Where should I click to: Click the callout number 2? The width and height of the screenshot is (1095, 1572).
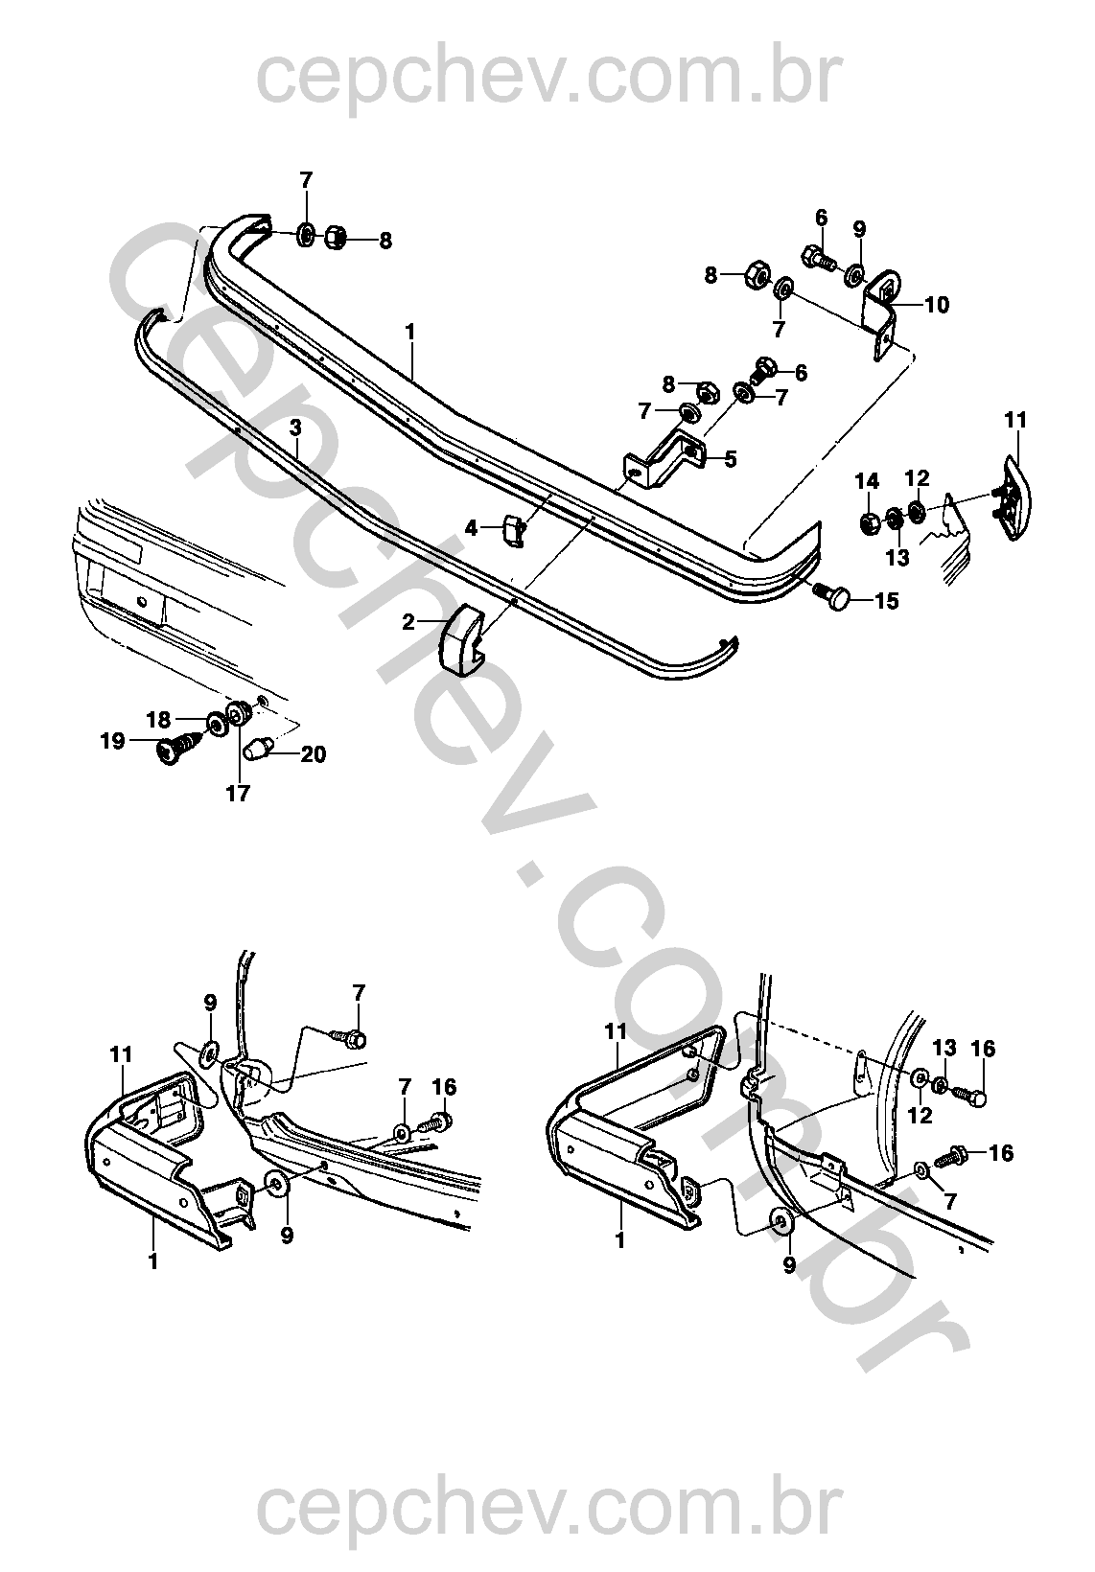click(409, 622)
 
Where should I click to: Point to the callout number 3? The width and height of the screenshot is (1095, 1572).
click(295, 425)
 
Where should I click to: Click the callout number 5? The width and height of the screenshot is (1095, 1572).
click(731, 459)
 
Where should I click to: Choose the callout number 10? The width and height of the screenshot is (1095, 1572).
click(936, 305)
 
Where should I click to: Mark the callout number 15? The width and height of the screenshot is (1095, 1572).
click(886, 602)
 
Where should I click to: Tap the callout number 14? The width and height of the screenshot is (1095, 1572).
click(867, 480)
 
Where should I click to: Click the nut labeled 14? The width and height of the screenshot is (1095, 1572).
click(871, 523)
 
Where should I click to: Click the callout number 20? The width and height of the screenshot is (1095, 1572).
click(313, 755)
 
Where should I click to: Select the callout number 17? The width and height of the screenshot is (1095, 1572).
click(237, 794)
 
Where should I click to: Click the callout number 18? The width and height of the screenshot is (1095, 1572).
click(158, 719)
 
